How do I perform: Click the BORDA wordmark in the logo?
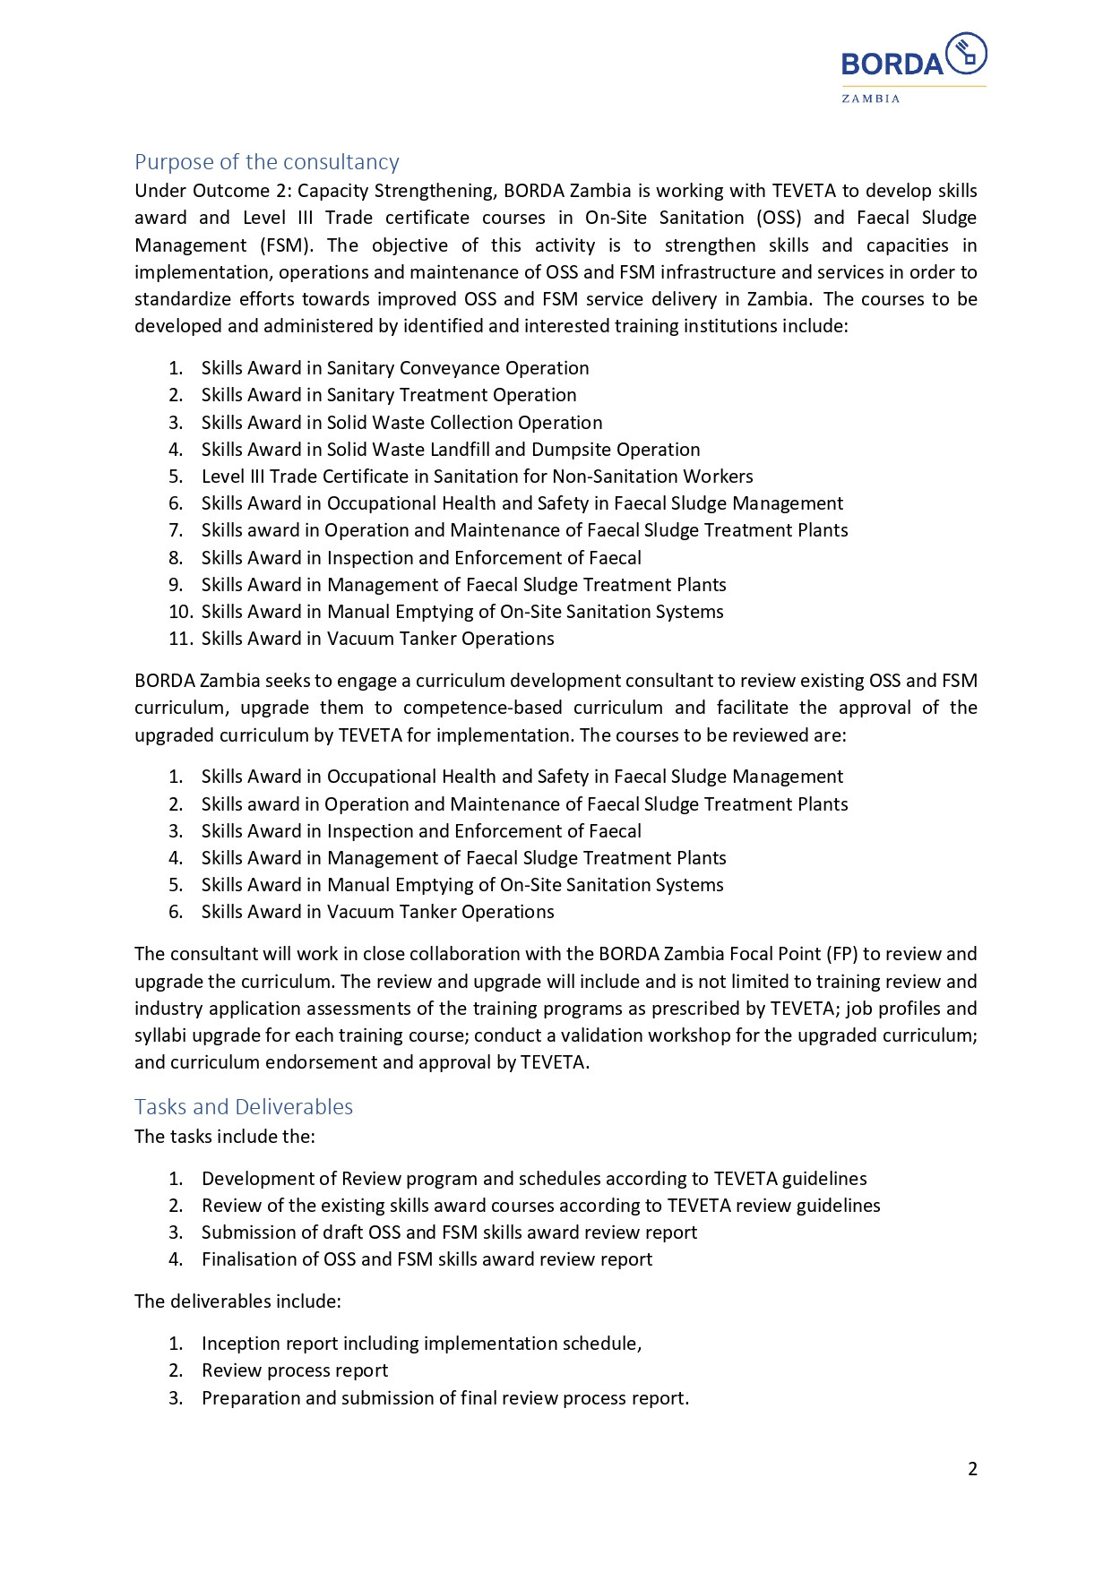tap(892, 64)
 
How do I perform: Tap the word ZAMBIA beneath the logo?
tap(870, 99)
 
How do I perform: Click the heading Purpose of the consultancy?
tap(266, 162)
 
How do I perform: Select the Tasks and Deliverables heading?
tap(244, 1107)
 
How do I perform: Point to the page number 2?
tap(972, 1469)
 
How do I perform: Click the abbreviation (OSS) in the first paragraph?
tap(778, 218)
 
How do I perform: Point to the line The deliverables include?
tap(237, 1301)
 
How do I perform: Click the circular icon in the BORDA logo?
tap(966, 54)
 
